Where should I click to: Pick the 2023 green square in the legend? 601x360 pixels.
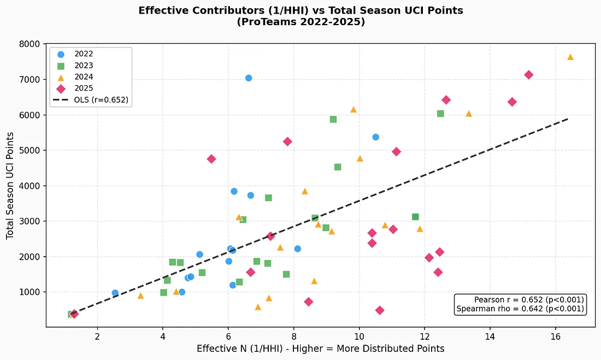coord(61,66)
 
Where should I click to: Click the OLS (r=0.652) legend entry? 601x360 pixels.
coord(91,100)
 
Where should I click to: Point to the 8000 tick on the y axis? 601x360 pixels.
coord(30,44)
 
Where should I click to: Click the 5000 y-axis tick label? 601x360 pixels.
coord(30,150)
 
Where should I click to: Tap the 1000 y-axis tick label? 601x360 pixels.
coord(30,292)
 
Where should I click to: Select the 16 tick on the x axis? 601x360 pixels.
coord(556,337)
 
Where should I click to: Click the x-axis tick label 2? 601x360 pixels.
coord(97,337)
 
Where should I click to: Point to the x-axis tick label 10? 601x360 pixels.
coord(359,337)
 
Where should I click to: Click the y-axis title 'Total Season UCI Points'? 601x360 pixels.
coord(10,186)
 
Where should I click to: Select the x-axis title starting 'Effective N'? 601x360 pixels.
coord(320,349)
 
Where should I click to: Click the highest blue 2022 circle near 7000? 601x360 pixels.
coord(249,78)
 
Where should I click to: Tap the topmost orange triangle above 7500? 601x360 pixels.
coord(570,57)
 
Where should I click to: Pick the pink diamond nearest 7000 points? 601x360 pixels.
coord(528,75)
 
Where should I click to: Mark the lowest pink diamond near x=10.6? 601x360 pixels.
coord(380,310)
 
